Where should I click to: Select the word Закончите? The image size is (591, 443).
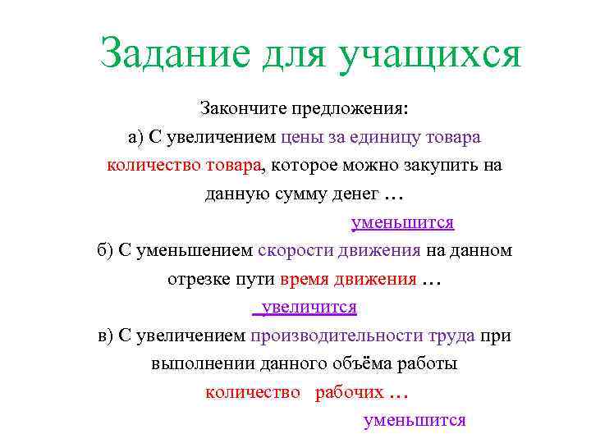(x=238, y=108)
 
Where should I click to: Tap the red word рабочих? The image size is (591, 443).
(x=349, y=392)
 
